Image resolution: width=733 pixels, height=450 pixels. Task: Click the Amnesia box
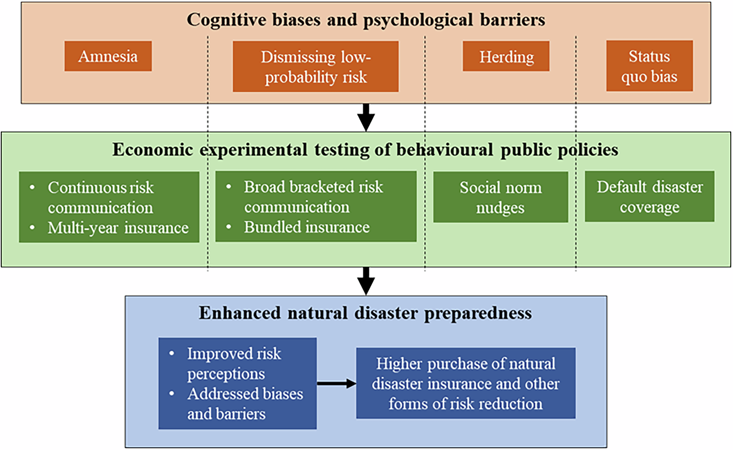point(108,56)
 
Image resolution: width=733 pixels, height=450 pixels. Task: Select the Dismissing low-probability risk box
point(315,66)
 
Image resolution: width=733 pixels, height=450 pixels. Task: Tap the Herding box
point(506,57)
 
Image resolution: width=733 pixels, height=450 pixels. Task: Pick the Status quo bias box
point(649,66)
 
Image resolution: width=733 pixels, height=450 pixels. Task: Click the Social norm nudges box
point(500,197)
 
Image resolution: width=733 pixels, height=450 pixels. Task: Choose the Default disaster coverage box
point(649,196)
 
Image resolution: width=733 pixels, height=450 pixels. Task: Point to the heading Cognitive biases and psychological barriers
point(366,20)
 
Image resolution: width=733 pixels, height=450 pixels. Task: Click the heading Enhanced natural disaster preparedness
point(365,313)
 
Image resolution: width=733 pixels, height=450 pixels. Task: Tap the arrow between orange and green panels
point(366,117)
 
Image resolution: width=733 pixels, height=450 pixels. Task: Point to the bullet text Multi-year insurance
point(118,228)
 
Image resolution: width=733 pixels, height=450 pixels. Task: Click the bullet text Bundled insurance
point(306,227)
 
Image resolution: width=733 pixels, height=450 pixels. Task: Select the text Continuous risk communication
point(100,197)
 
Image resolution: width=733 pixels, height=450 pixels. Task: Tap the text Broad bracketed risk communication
point(313,197)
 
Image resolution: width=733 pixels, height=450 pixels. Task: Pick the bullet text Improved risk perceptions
point(234,363)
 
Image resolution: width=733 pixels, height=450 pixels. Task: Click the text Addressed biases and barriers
point(244,404)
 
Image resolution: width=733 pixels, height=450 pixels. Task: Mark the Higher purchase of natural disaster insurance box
point(465,383)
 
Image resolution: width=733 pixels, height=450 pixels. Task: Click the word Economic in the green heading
point(152,149)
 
